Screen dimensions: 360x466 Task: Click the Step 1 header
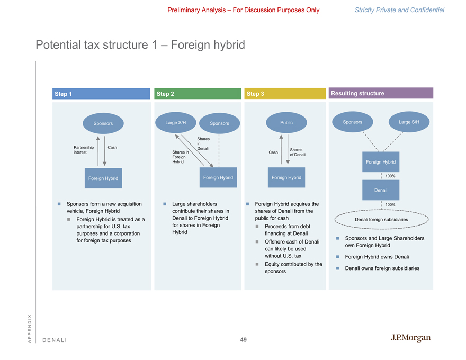[101, 94]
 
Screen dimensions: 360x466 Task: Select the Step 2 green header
[196, 94]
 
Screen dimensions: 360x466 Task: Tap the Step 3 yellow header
[285, 94]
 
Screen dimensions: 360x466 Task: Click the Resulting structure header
[381, 93]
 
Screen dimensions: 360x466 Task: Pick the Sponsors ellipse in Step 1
[103, 123]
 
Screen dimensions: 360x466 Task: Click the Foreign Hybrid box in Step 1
[103, 178]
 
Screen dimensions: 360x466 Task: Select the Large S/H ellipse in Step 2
[175, 123]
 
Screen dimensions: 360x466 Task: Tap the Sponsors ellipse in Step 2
[219, 123]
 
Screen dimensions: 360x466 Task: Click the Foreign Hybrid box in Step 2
[218, 177]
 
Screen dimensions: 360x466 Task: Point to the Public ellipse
[286, 122]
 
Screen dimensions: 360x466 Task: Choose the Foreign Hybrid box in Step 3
[286, 177]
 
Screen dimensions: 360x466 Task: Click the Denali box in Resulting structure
[381, 190]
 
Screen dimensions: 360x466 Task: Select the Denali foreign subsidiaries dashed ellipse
[381, 219]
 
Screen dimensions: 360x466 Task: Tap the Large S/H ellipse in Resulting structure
[409, 122]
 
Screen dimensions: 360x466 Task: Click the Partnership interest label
[84, 150]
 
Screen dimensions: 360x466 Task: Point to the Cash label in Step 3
[273, 152]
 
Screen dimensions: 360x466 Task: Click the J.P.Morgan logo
[410, 338]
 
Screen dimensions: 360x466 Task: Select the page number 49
[243, 340]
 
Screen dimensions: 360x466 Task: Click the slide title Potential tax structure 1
[140, 45]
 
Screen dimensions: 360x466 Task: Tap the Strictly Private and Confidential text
[399, 10]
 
